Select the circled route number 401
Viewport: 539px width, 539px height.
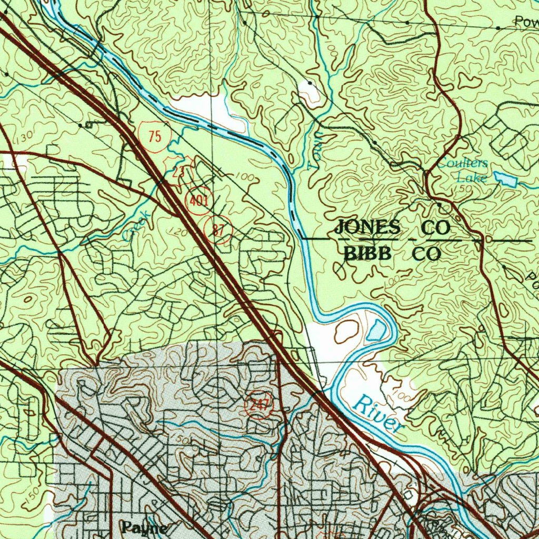tap(199, 201)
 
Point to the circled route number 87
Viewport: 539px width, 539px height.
tap(218, 229)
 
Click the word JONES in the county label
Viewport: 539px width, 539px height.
tap(367, 227)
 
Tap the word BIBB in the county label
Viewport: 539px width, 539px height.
tap(368, 254)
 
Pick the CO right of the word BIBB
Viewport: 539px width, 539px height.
tap(426, 254)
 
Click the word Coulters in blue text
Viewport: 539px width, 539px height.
tap(462, 163)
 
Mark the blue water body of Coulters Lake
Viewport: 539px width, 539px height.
tap(505, 179)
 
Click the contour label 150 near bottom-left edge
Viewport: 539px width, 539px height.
tap(31, 496)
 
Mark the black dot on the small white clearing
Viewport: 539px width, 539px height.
tap(310, 83)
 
